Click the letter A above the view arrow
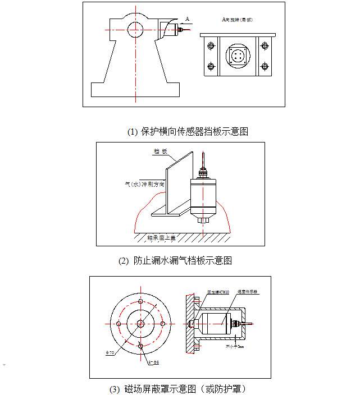187,19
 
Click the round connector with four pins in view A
237,56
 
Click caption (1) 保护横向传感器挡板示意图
188,131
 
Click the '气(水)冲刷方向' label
145,183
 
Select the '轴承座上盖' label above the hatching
161,238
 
